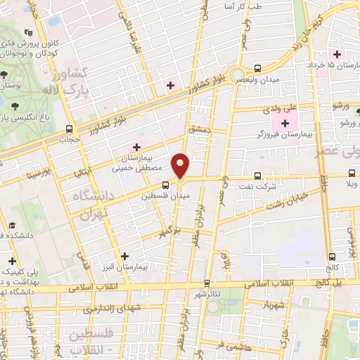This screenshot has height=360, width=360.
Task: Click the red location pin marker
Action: pos(181,166)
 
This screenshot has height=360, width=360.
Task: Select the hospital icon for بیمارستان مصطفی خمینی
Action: pos(136,146)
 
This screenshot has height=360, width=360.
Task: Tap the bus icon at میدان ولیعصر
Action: pos(257,68)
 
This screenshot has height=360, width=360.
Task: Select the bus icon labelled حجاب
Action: pos(69,129)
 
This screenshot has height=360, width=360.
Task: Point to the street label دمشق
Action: pos(199,129)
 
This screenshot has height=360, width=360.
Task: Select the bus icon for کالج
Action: pos(331,257)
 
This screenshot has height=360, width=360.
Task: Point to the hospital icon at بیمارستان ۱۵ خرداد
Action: pos(337,54)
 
